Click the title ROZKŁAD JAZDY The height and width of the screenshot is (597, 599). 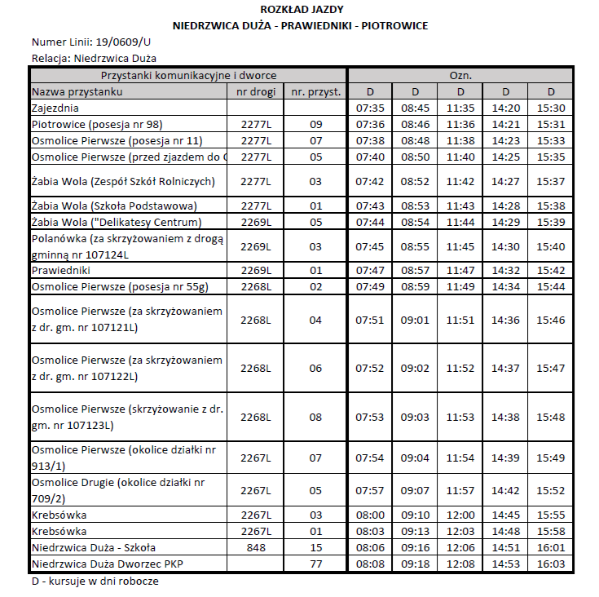[301, 10]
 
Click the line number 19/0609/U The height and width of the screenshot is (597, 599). [122, 42]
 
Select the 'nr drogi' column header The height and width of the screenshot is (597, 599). [256, 91]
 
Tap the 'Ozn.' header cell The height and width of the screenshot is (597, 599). [460, 75]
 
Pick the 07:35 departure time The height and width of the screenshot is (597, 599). [370, 108]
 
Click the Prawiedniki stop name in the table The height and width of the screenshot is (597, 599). [60, 270]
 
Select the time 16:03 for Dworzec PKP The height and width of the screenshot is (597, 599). [551, 564]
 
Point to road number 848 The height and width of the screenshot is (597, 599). [256, 547]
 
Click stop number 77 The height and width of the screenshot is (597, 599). [315, 564]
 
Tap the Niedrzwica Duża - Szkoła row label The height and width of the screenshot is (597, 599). [93, 547]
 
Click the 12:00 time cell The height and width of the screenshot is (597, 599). [460, 515]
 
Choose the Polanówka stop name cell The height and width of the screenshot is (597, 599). [126, 246]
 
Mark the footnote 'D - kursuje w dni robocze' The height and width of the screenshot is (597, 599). [95, 581]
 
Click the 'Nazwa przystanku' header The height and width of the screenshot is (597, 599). [77, 91]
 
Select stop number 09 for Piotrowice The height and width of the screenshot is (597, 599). [315, 124]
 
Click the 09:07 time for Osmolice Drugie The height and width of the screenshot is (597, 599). [415, 490]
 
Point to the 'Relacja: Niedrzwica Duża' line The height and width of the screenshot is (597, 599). [94, 58]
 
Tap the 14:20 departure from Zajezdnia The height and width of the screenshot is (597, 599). [505, 108]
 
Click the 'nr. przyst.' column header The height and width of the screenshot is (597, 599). [315, 91]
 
